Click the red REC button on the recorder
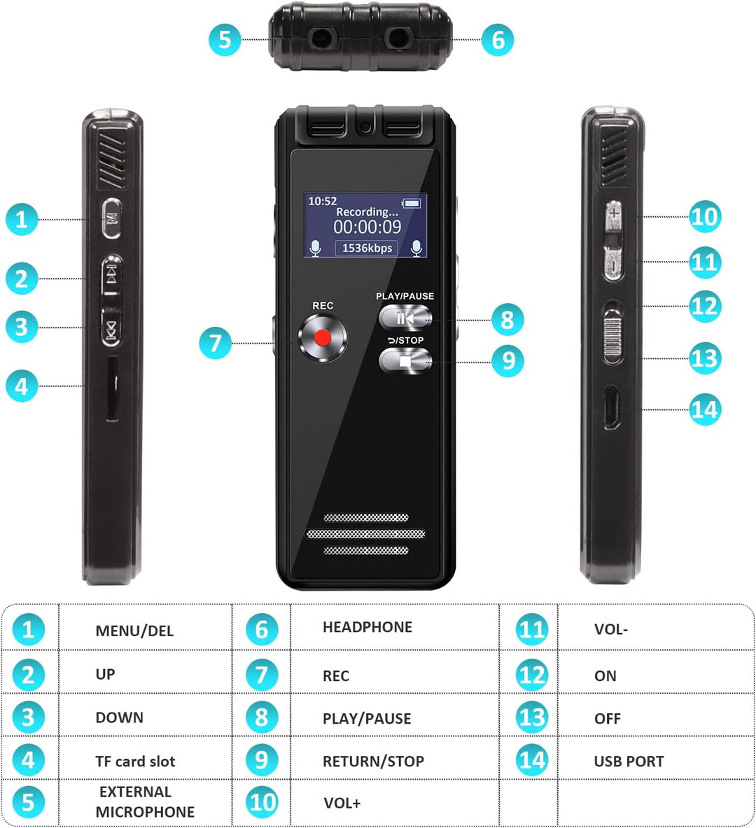322,338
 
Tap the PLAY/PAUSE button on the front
405,318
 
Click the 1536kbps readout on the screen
367,248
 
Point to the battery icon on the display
412,203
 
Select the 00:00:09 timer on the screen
367,227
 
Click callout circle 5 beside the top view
225,40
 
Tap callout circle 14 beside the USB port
705,409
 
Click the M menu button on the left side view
111,218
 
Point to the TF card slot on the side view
112,388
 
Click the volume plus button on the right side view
614,216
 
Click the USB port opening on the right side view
612,407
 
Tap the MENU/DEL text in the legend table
134,631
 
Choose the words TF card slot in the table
134,761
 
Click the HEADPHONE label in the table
367,627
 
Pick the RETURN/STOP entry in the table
373,761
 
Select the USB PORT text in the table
629,761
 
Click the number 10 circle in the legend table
262,802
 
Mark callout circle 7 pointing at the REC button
215,343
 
